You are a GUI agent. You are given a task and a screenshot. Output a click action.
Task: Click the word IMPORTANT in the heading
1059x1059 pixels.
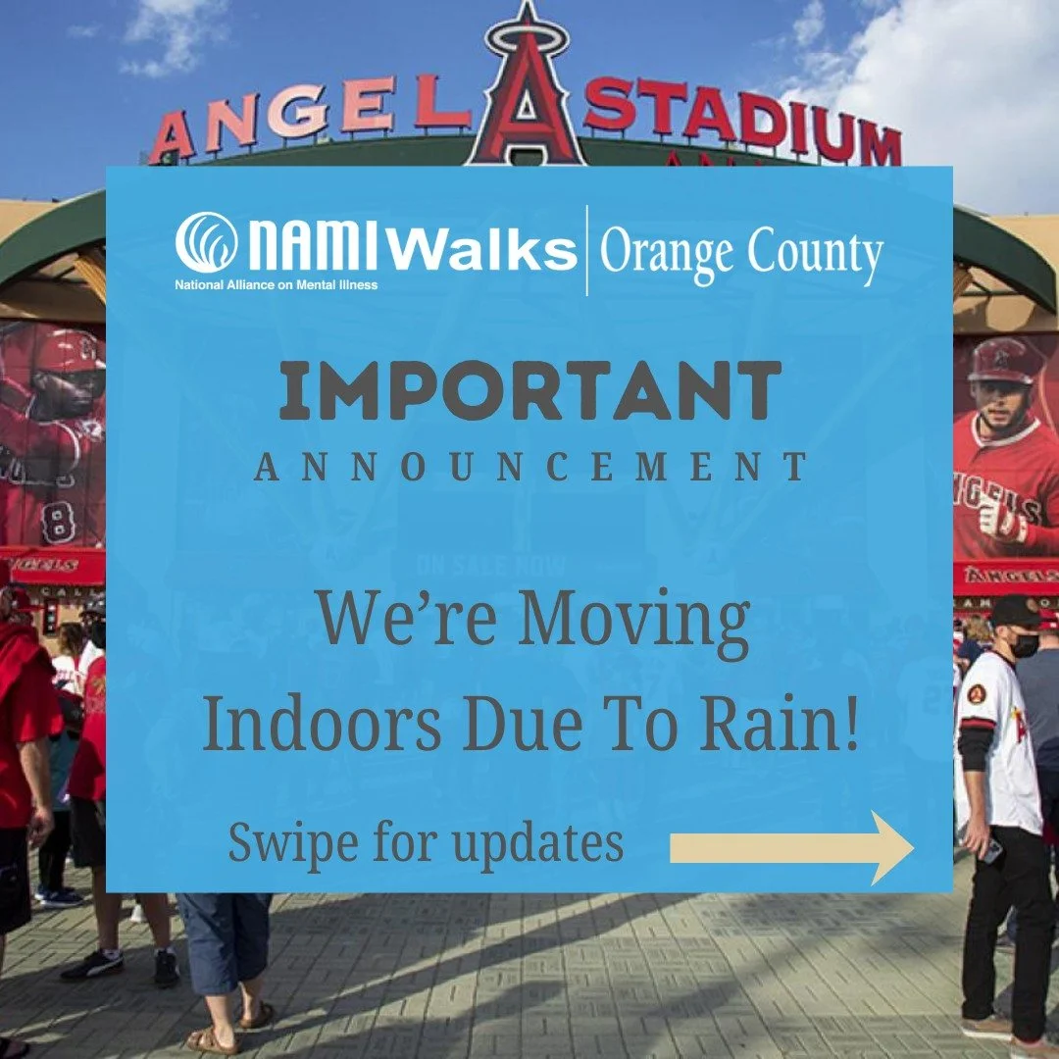coord(529,390)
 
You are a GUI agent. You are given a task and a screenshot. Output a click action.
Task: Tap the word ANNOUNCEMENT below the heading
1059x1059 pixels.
coord(530,468)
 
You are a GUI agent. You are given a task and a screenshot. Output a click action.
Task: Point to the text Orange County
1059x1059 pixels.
coord(741,253)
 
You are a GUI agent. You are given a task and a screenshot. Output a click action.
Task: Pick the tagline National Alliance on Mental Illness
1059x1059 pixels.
coord(276,285)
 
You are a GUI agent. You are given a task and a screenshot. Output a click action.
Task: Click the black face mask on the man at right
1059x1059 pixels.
coord(1026,644)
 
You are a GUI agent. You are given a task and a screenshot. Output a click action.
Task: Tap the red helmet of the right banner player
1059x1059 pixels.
coord(1005,360)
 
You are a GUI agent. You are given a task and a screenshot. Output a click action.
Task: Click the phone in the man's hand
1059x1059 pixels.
coord(992,850)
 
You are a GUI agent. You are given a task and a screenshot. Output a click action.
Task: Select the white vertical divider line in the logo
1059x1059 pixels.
coord(586,250)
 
